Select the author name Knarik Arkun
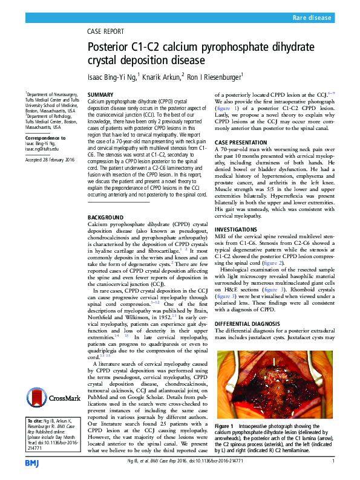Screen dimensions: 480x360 163,76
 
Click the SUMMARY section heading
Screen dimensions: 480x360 100,96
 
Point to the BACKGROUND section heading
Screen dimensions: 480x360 106,200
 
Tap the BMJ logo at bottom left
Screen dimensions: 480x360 32,462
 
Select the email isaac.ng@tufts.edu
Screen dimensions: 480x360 42,148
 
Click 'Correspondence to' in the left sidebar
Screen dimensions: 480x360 45,138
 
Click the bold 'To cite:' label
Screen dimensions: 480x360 35,420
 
